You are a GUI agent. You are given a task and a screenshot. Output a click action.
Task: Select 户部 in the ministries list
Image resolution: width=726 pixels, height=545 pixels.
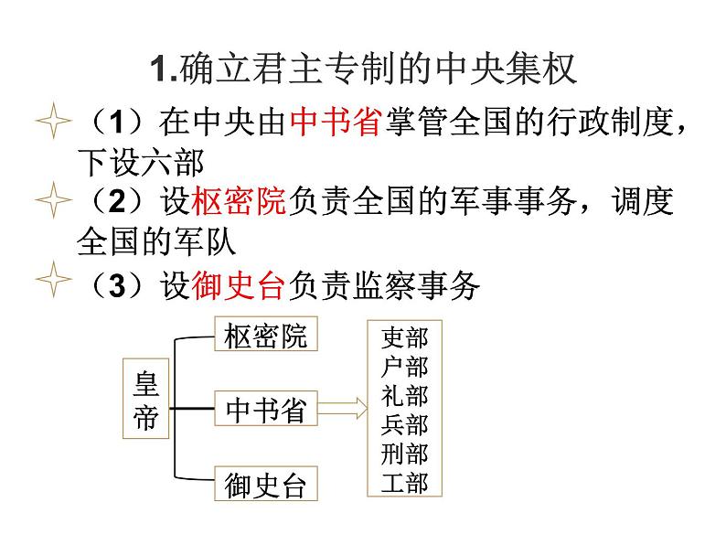pos(404,369)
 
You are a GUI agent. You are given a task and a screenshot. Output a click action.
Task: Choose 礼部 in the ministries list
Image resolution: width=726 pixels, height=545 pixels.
pos(404,397)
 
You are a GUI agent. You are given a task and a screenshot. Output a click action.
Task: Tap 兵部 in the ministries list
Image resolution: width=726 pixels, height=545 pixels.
pos(404,425)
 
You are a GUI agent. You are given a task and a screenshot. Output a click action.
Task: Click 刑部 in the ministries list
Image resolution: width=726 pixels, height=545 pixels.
pos(404,454)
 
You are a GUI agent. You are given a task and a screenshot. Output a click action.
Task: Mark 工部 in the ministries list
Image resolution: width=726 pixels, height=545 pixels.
pos(404,482)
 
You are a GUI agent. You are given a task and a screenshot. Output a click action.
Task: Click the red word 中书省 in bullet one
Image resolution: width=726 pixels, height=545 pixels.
pos(335,121)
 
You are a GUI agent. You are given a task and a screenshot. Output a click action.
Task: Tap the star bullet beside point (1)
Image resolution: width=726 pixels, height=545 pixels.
pos(51,122)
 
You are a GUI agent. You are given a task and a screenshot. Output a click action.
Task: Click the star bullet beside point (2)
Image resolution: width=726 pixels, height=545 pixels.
pos(51,201)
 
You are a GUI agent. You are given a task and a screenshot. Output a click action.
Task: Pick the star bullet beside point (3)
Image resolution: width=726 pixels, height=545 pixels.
pos(51,286)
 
